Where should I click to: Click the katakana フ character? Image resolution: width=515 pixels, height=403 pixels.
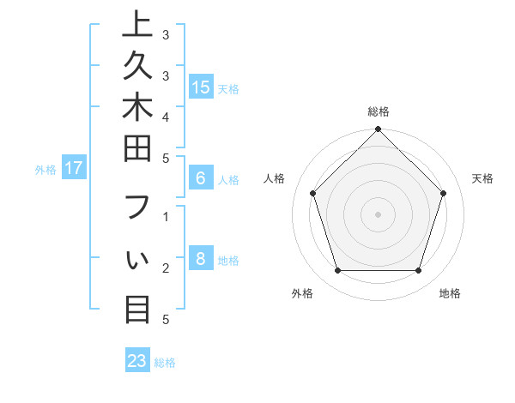click(137, 211)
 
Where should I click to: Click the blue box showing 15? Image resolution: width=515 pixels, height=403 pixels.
click(201, 87)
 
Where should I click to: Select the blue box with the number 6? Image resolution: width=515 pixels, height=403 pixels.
click(201, 178)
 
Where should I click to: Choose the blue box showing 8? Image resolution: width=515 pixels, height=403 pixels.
click(201, 260)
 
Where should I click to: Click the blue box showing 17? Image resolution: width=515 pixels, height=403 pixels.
click(74, 169)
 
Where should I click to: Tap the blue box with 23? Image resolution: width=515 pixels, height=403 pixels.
click(137, 361)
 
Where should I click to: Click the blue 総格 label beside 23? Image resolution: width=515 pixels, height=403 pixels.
click(165, 363)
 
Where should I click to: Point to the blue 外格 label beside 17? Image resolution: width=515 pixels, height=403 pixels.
click(45, 170)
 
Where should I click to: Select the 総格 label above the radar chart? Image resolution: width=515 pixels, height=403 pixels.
click(378, 111)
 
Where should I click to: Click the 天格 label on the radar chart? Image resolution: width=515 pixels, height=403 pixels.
click(483, 178)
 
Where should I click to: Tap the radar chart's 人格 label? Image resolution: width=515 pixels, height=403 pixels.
click(274, 178)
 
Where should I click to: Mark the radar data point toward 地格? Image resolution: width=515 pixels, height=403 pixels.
click(419, 270)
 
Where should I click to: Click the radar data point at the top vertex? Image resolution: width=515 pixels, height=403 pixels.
click(378, 130)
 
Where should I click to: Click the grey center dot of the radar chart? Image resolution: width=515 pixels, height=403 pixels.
click(378, 214)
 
